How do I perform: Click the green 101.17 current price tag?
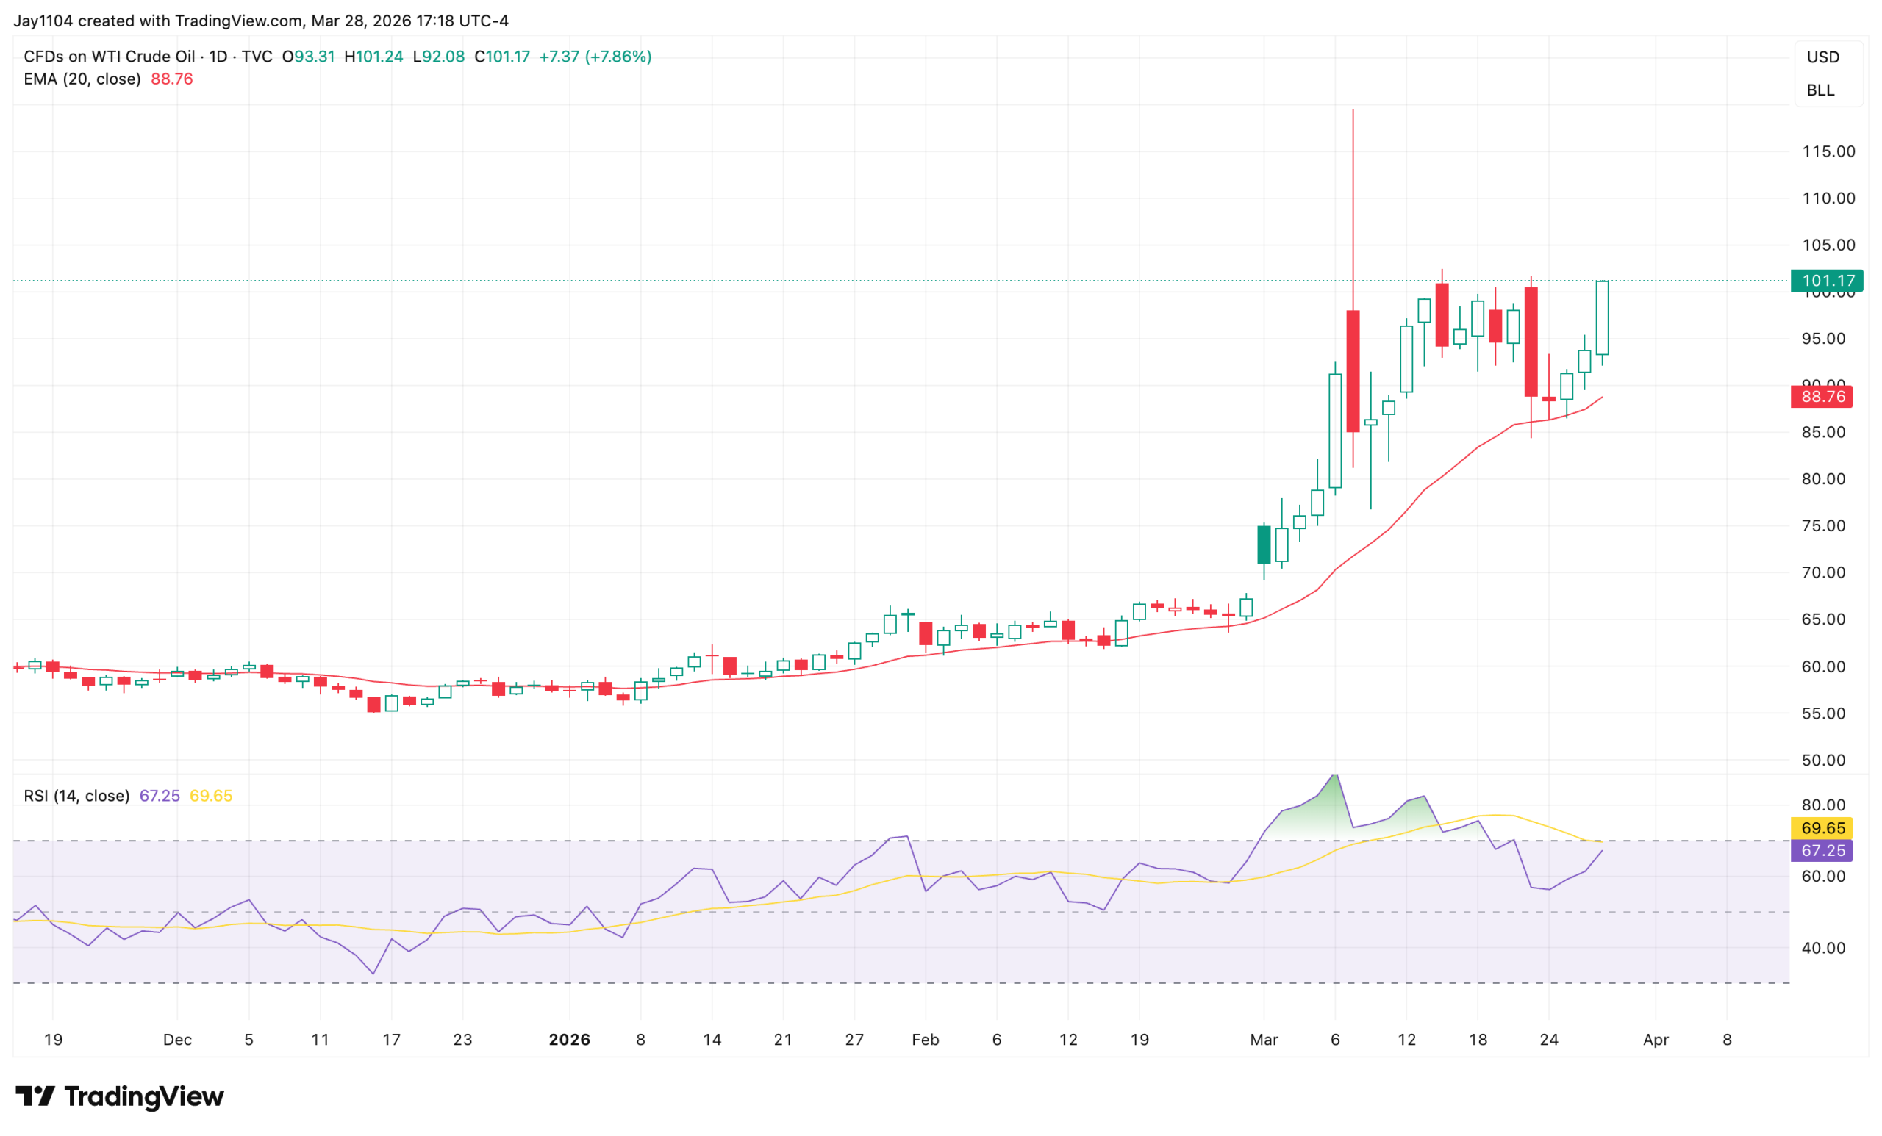[1826, 281]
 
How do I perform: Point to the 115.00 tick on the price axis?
[1828, 152]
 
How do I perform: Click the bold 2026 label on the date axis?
[569, 1040]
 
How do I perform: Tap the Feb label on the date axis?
[925, 1040]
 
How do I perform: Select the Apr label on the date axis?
[1655, 1040]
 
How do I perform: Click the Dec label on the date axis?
[177, 1040]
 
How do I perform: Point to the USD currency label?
[1822, 57]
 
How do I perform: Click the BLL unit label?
[1820, 90]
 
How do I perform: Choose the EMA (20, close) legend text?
[82, 79]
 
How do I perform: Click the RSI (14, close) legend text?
[76, 797]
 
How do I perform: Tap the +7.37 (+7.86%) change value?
[595, 57]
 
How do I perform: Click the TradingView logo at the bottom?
[120, 1097]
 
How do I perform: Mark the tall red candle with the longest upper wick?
[1353, 371]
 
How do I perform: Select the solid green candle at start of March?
[1264, 545]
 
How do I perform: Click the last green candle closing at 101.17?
[1602, 317]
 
